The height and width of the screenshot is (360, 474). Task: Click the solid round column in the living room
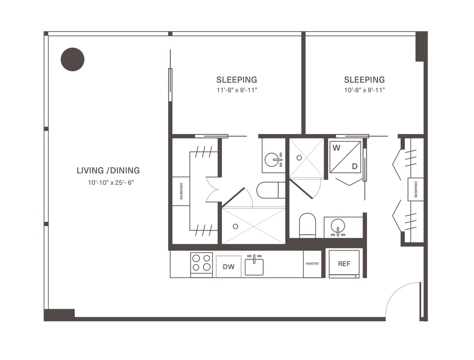coord(73,59)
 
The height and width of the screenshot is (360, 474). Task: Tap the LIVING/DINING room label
coord(108,171)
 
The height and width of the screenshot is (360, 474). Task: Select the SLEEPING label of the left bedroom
coord(237,80)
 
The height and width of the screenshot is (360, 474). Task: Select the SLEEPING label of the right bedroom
coord(365,80)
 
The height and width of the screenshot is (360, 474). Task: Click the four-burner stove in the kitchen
coord(201,263)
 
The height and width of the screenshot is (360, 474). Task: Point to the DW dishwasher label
coord(229,267)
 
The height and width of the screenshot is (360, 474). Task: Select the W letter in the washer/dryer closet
coord(336,148)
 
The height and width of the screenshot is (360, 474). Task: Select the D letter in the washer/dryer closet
coord(355,165)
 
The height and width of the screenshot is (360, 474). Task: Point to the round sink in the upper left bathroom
coord(271,160)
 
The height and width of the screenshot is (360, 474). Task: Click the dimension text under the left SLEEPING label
coord(237,90)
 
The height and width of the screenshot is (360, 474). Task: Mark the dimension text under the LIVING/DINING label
coord(108,181)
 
